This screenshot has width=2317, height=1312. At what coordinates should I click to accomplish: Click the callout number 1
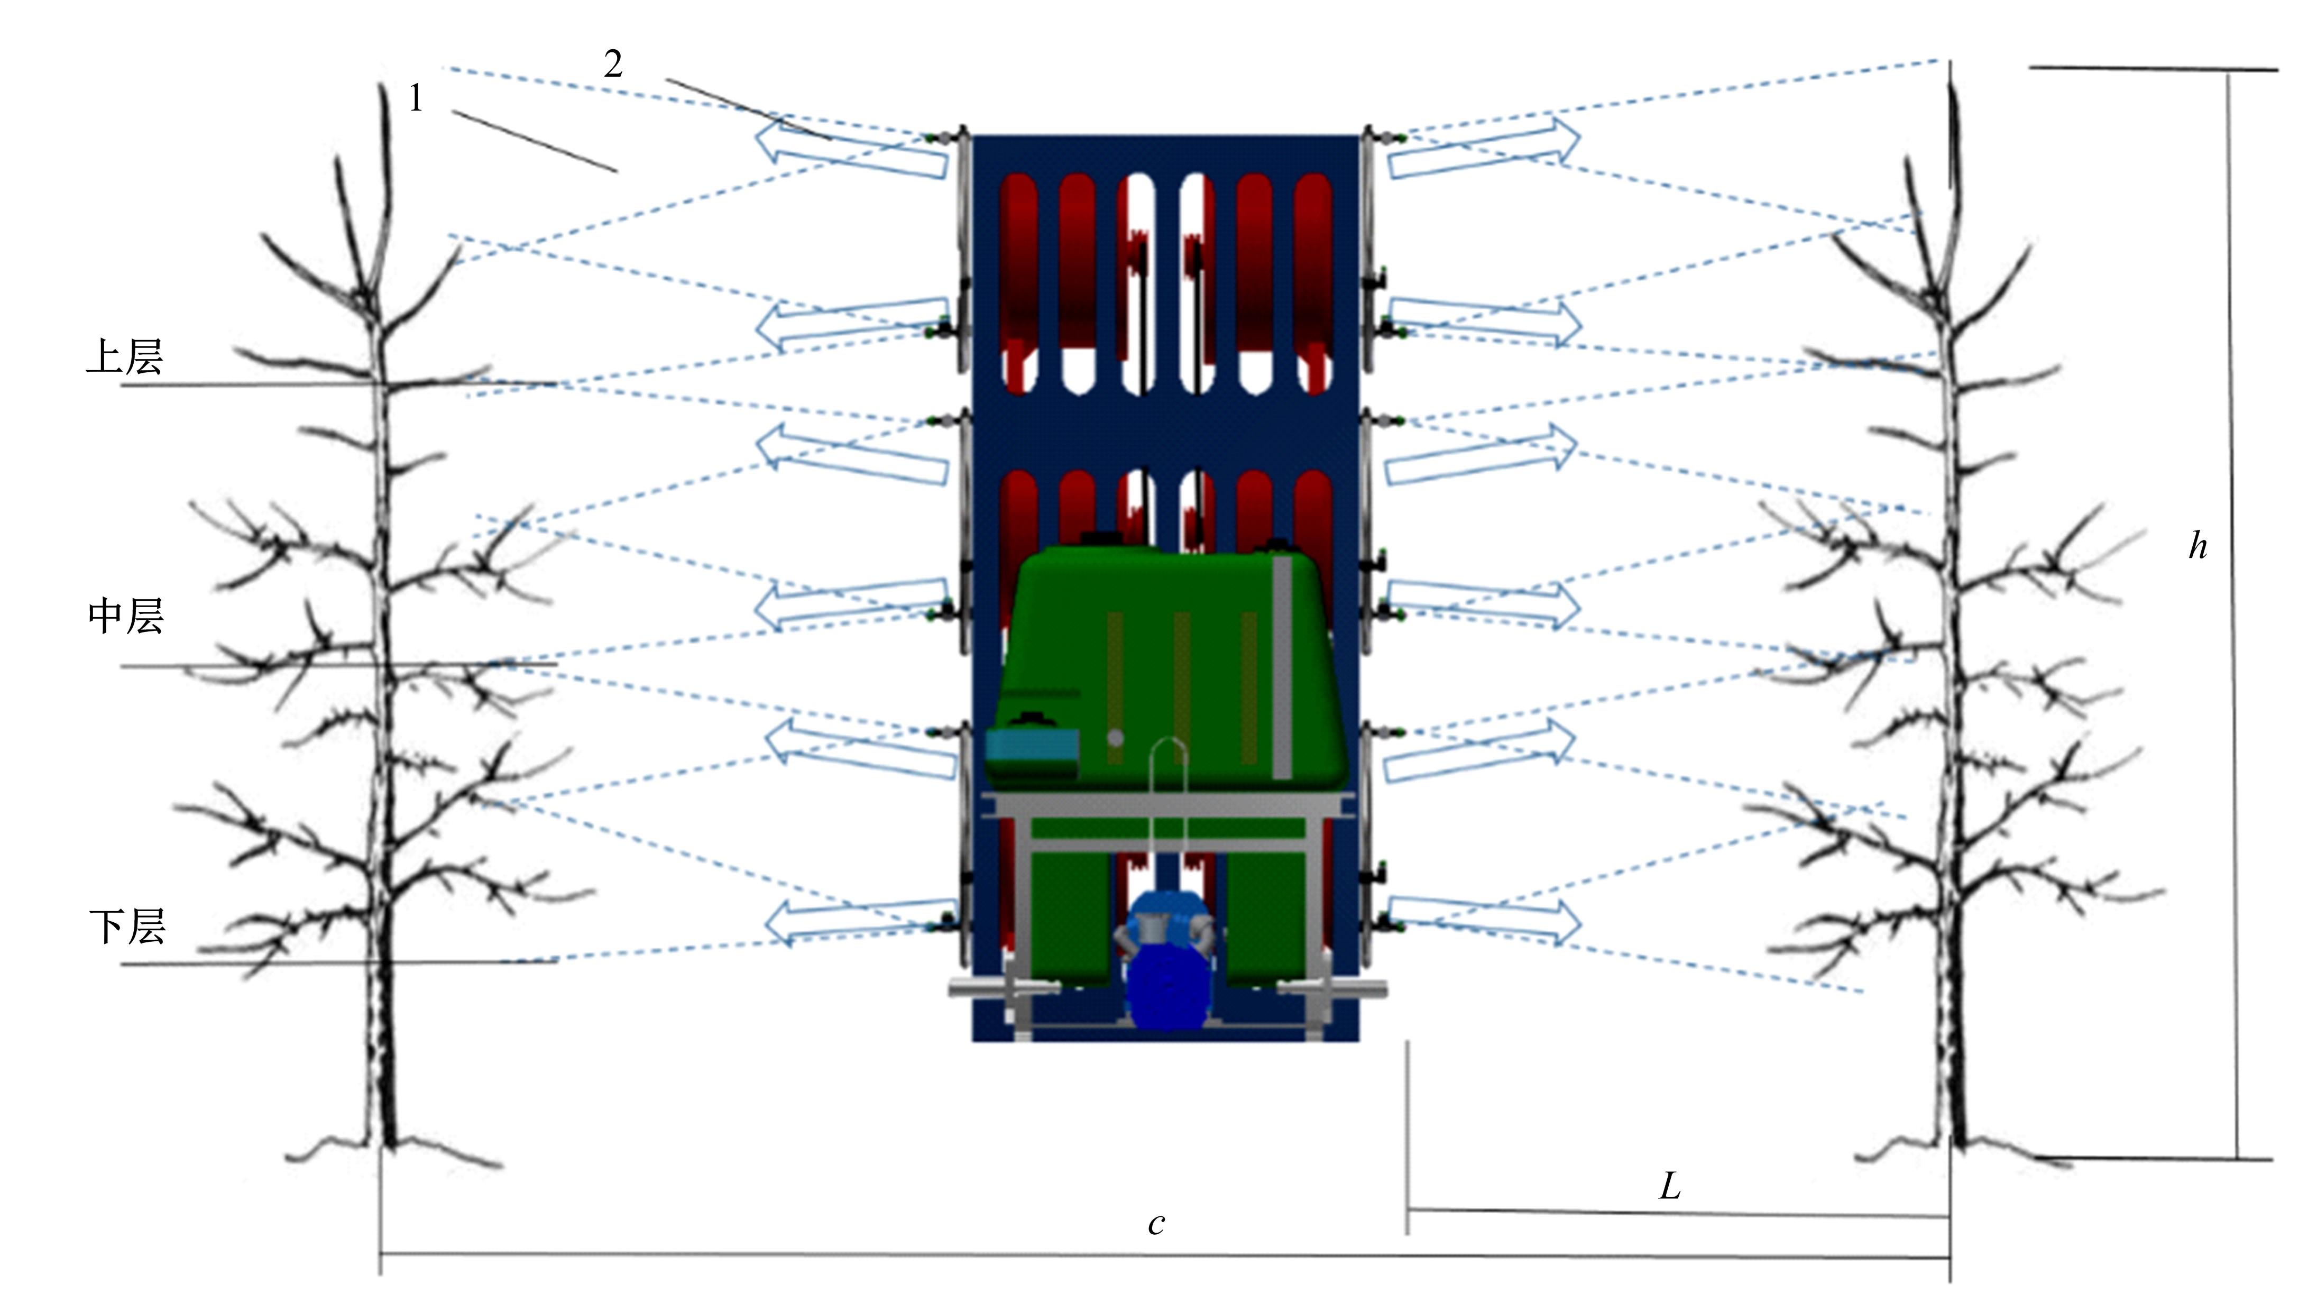pos(415,98)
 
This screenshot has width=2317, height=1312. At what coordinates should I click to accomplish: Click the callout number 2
pos(613,64)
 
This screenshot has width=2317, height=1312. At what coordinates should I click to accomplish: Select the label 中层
pos(125,617)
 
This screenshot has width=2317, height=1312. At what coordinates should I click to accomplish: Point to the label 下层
pos(127,926)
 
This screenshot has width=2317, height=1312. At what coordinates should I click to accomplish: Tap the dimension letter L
pos(1669,1187)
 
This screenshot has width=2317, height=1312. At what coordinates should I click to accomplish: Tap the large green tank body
pos(1171,667)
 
